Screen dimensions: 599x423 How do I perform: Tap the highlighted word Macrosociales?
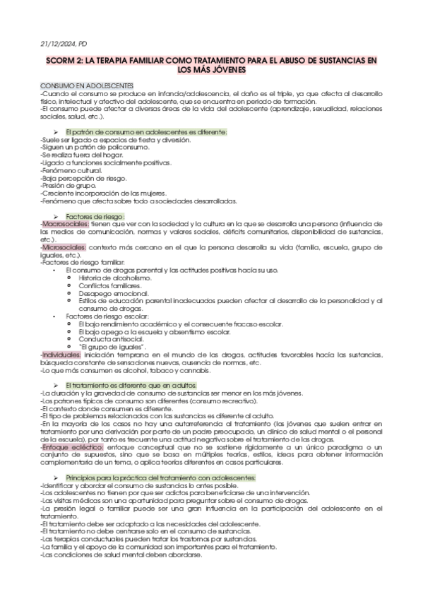pos(65,223)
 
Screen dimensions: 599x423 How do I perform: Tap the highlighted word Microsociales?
pos(64,247)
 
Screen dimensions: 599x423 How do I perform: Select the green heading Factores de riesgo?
pos(95,215)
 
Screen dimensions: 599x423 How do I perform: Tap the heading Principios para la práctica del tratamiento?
pos(160,478)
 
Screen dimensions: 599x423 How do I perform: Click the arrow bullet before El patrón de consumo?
pos(55,132)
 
